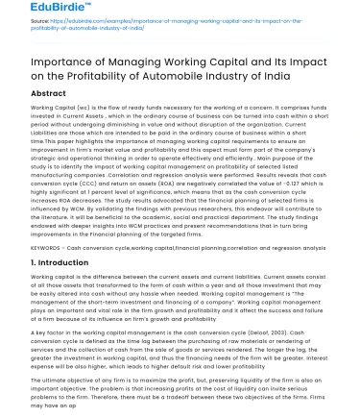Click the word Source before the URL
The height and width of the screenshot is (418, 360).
39,44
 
